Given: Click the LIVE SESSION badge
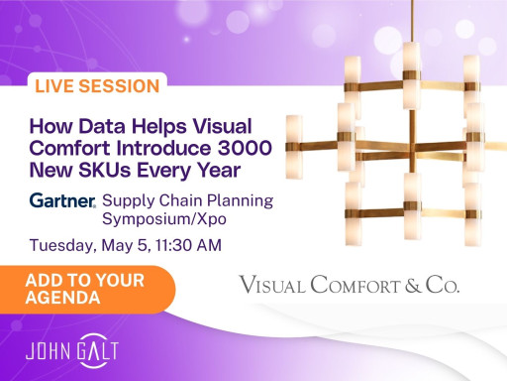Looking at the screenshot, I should click(96, 86).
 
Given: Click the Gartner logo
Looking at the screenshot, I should click(62, 200).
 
